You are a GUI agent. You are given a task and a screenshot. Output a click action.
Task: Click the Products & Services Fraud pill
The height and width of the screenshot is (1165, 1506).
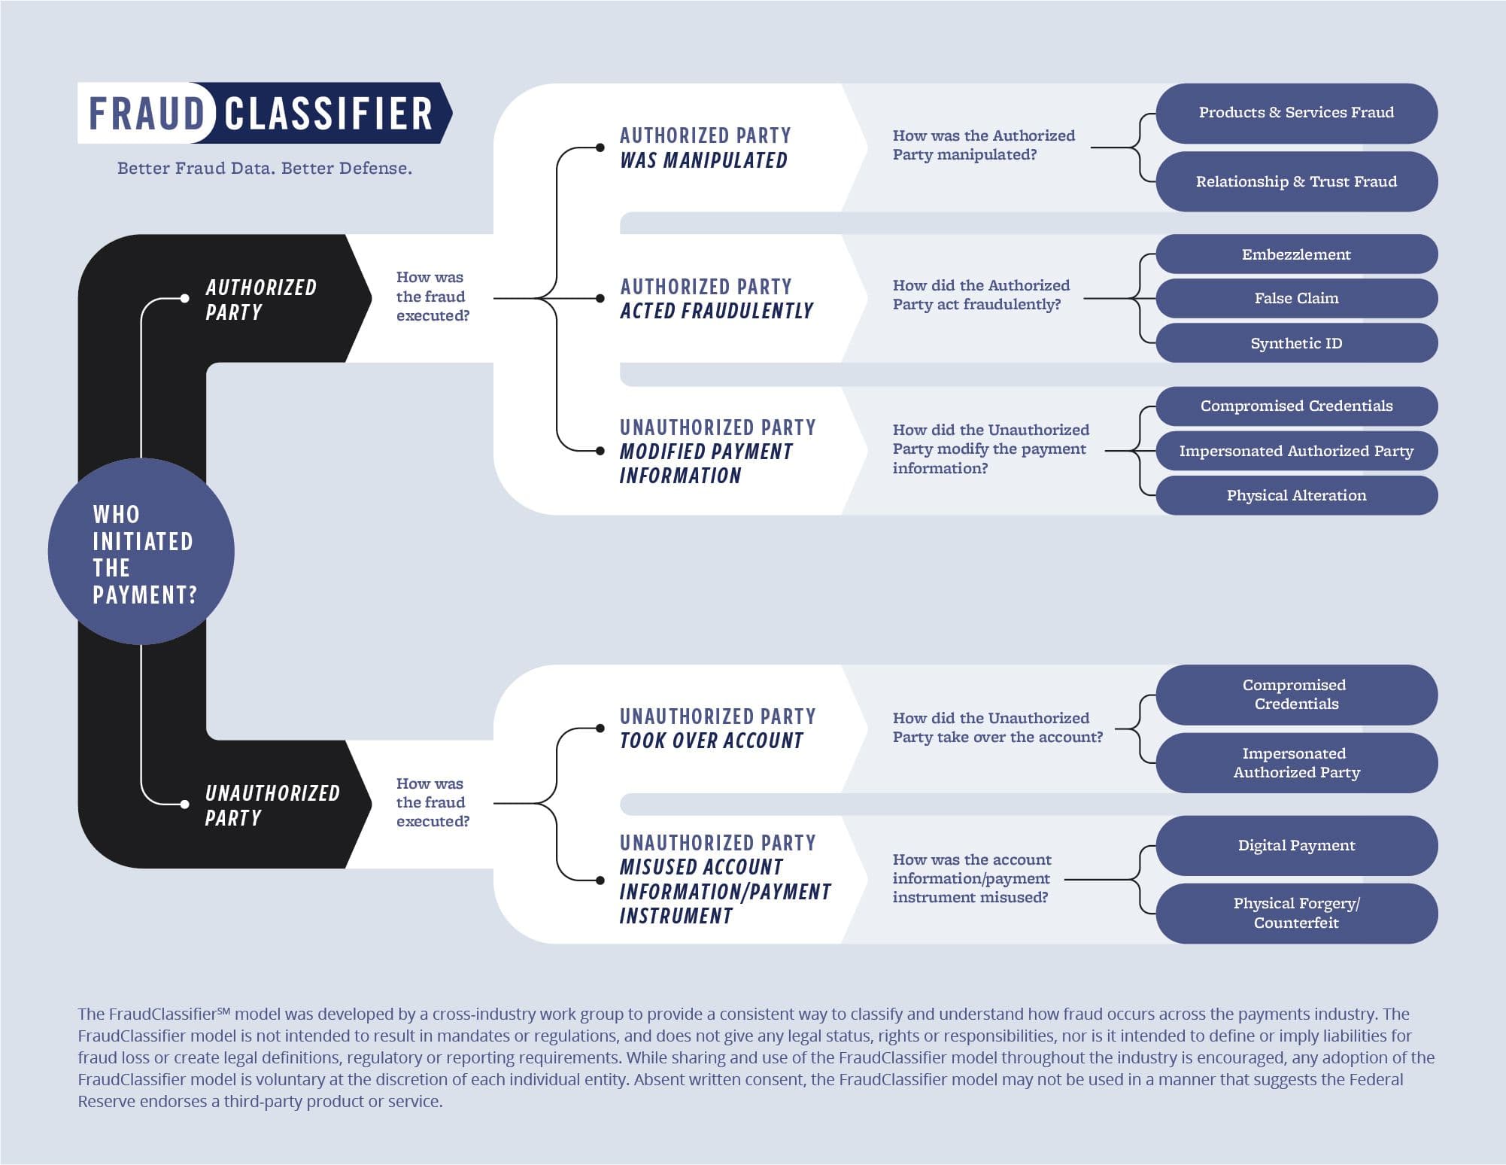[1295, 113]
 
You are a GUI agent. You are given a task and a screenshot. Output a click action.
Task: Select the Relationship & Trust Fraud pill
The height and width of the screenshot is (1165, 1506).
[1295, 181]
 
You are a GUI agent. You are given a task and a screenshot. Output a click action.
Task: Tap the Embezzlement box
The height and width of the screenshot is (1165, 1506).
[1295, 254]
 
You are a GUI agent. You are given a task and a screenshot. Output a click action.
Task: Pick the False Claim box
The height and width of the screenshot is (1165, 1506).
[1295, 298]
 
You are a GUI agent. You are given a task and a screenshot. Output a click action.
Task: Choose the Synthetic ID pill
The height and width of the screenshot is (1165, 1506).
[1295, 343]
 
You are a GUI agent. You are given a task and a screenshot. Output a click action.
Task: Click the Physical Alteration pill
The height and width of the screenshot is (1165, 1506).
[1295, 495]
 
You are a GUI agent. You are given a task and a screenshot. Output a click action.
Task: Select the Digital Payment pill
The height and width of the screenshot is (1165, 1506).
[1295, 845]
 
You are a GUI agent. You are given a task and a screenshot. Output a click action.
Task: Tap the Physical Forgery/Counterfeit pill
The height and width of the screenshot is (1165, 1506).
[1295, 913]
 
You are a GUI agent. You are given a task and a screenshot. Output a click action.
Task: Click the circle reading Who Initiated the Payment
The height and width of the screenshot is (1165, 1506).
[141, 552]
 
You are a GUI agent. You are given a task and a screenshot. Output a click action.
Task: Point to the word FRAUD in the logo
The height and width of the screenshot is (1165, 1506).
[147, 113]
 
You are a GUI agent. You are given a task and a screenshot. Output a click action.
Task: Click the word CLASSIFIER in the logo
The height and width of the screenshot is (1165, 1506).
[329, 113]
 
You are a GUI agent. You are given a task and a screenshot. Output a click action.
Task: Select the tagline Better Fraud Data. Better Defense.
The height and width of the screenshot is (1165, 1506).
[264, 168]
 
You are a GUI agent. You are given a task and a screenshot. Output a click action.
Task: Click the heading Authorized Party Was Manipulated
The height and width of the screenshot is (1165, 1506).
[704, 148]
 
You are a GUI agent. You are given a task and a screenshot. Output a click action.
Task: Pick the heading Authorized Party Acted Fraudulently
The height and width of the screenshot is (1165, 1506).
[716, 298]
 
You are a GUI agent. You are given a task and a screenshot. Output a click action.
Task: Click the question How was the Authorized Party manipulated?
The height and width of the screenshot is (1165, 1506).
[982, 144]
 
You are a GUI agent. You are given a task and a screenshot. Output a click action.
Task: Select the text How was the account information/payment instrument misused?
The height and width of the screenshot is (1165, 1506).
[971, 878]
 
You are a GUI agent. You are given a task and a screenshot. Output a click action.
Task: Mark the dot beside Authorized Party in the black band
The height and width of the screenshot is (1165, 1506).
[185, 299]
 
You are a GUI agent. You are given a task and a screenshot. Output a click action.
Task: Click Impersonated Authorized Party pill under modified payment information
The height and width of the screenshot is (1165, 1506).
[1295, 451]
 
